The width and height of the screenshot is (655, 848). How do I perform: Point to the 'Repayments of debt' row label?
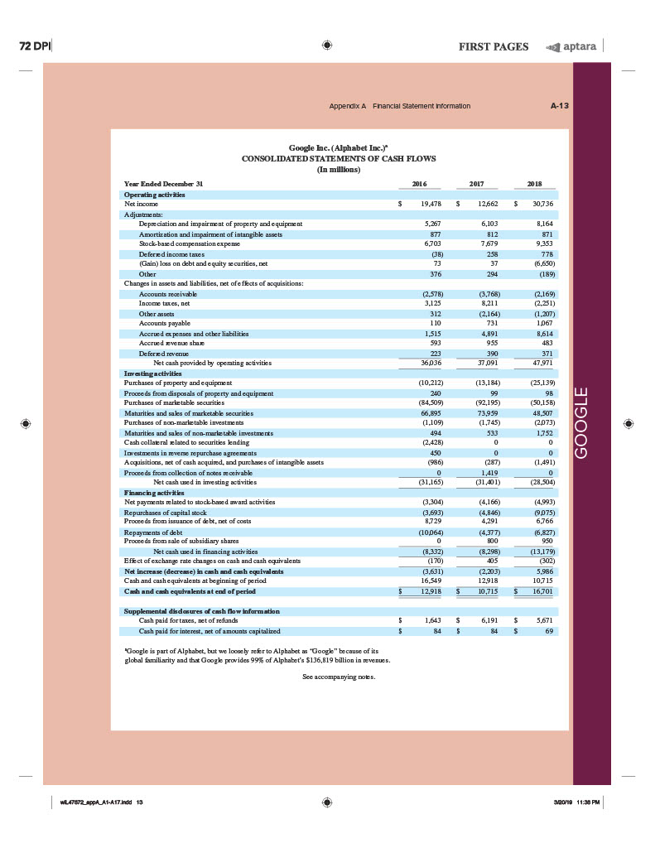point(153,532)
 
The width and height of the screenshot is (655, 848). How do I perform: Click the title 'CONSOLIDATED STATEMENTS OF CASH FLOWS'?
point(339,157)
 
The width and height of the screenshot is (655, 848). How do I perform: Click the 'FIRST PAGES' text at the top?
point(494,46)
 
